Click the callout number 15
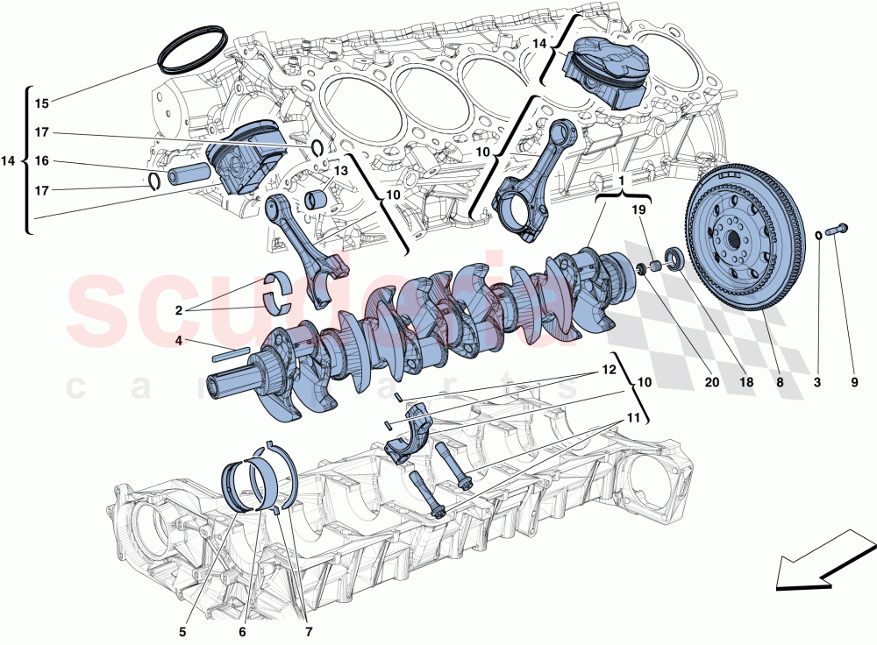point(41,103)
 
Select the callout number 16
point(41,161)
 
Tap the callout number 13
point(340,170)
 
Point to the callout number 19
point(638,209)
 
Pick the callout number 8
point(777,382)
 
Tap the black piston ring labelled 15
point(193,50)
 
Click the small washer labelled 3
point(818,234)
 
